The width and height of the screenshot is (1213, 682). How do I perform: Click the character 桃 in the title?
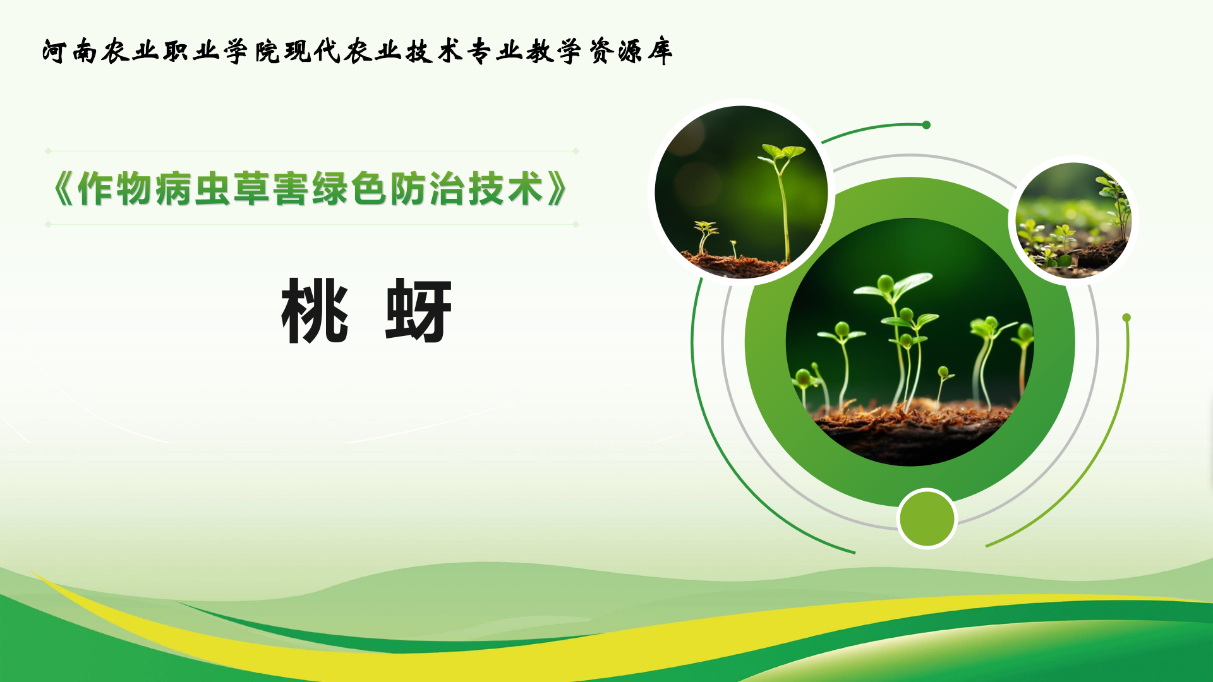pos(315,311)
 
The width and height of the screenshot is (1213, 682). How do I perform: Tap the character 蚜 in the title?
pos(418,311)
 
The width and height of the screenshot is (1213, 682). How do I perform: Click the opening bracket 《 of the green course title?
pos(63,189)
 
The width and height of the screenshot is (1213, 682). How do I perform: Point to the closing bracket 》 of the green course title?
pos(557,189)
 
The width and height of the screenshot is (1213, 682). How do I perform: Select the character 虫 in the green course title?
pos(212,189)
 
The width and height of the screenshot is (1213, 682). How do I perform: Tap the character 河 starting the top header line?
pos(55,51)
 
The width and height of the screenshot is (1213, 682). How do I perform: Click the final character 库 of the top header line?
pos(660,51)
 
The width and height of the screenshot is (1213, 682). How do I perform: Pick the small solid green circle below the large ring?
pos(927,518)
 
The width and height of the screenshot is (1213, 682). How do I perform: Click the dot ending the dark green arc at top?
pos(926,125)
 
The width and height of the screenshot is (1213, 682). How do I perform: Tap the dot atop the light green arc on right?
pos(1126,318)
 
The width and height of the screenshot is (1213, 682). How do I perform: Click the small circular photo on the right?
pos(1073,220)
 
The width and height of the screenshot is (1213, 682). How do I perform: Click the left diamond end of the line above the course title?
pos(48,151)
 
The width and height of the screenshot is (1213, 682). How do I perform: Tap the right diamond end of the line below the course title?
pos(576,224)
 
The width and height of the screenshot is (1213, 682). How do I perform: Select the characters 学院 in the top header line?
pos(251,51)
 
